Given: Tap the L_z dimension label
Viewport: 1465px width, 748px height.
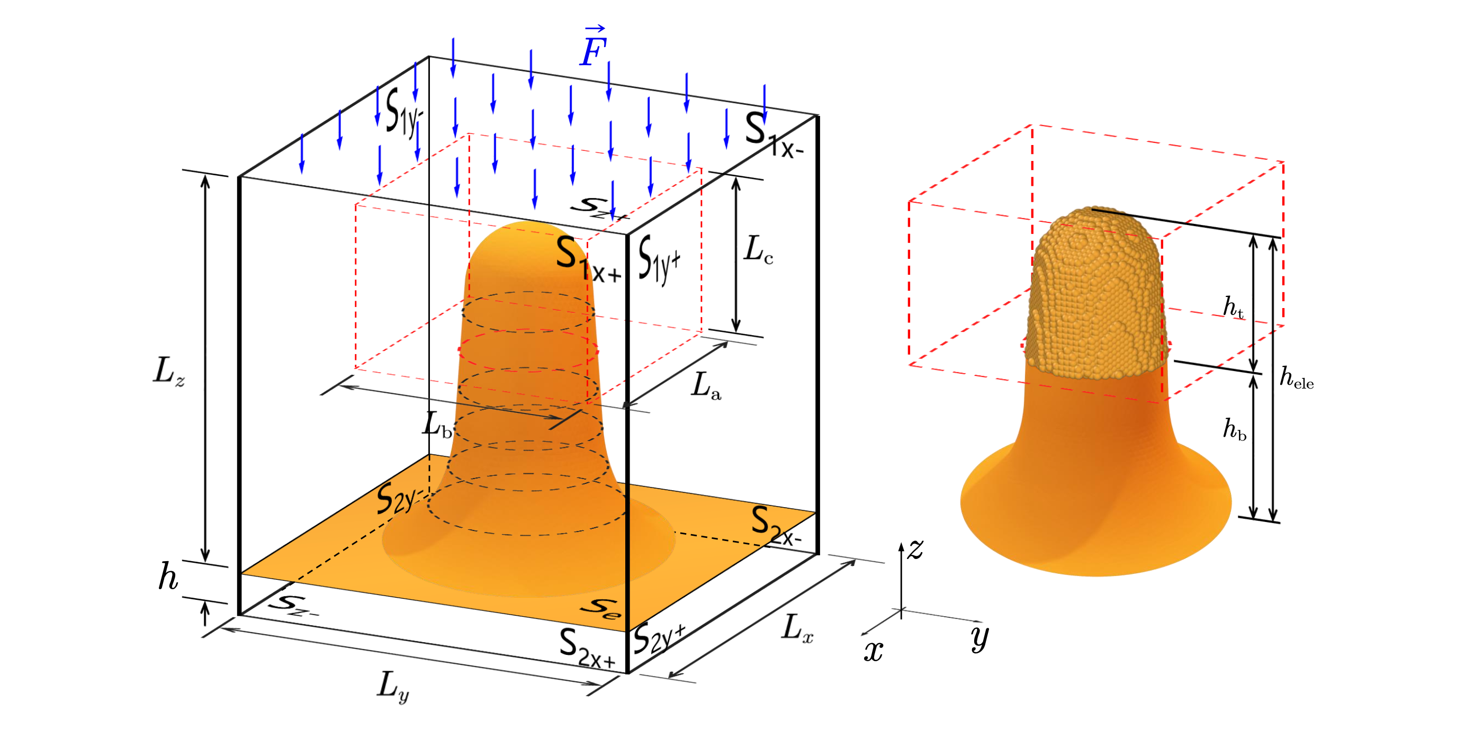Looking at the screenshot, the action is click(x=169, y=372).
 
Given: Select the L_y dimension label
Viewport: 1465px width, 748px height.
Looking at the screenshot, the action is click(x=393, y=687).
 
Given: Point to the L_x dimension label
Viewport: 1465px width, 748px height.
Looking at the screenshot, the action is click(x=798, y=628).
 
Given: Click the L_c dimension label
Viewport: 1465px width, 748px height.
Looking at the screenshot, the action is click(x=759, y=250).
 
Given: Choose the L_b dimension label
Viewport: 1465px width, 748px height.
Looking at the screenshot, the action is click(x=437, y=425).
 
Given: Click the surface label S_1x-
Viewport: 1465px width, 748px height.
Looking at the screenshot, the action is click(x=774, y=134).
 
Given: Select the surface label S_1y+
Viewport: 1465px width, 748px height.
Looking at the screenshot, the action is click(x=660, y=259).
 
